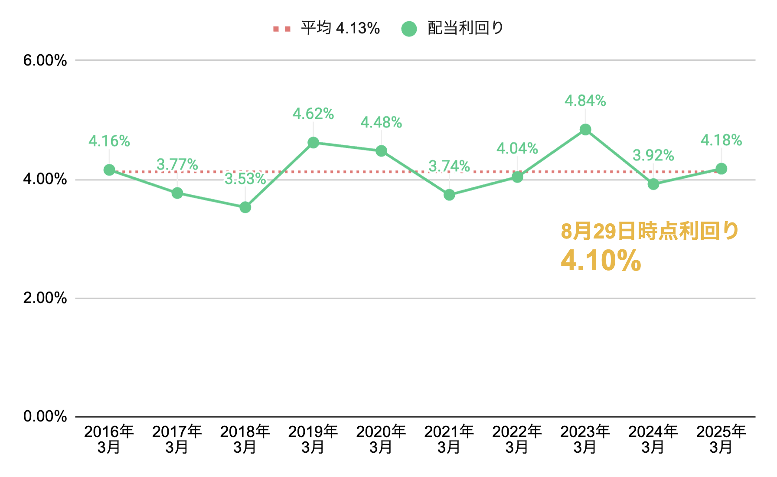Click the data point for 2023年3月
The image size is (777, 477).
(x=585, y=130)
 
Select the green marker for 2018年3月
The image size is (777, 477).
(x=245, y=207)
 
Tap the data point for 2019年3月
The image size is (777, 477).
(x=313, y=143)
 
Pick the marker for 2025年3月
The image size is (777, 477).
(x=721, y=169)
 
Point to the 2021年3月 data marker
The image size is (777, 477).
(x=449, y=195)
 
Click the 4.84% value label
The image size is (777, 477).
(x=585, y=101)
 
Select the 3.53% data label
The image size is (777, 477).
(x=245, y=179)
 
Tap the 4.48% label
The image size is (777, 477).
(x=381, y=122)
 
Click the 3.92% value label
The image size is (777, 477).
(x=653, y=155)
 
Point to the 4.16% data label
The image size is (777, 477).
(x=109, y=141)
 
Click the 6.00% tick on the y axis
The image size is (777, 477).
(x=45, y=60)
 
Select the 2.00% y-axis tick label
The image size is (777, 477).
(x=45, y=298)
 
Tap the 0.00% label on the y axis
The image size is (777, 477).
(x=45, y=416)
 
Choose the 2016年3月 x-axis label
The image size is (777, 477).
(x=109, y=439)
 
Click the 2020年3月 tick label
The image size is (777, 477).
(x=381, y=439)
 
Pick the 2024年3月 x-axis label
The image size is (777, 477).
(x=653, y=439)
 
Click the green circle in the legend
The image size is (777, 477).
(x=409, y=29)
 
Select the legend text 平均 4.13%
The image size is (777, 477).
(x=340, y=28)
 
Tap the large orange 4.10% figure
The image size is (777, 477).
(x=601, y=260)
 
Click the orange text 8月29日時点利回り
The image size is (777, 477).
(x=650, y=231)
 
